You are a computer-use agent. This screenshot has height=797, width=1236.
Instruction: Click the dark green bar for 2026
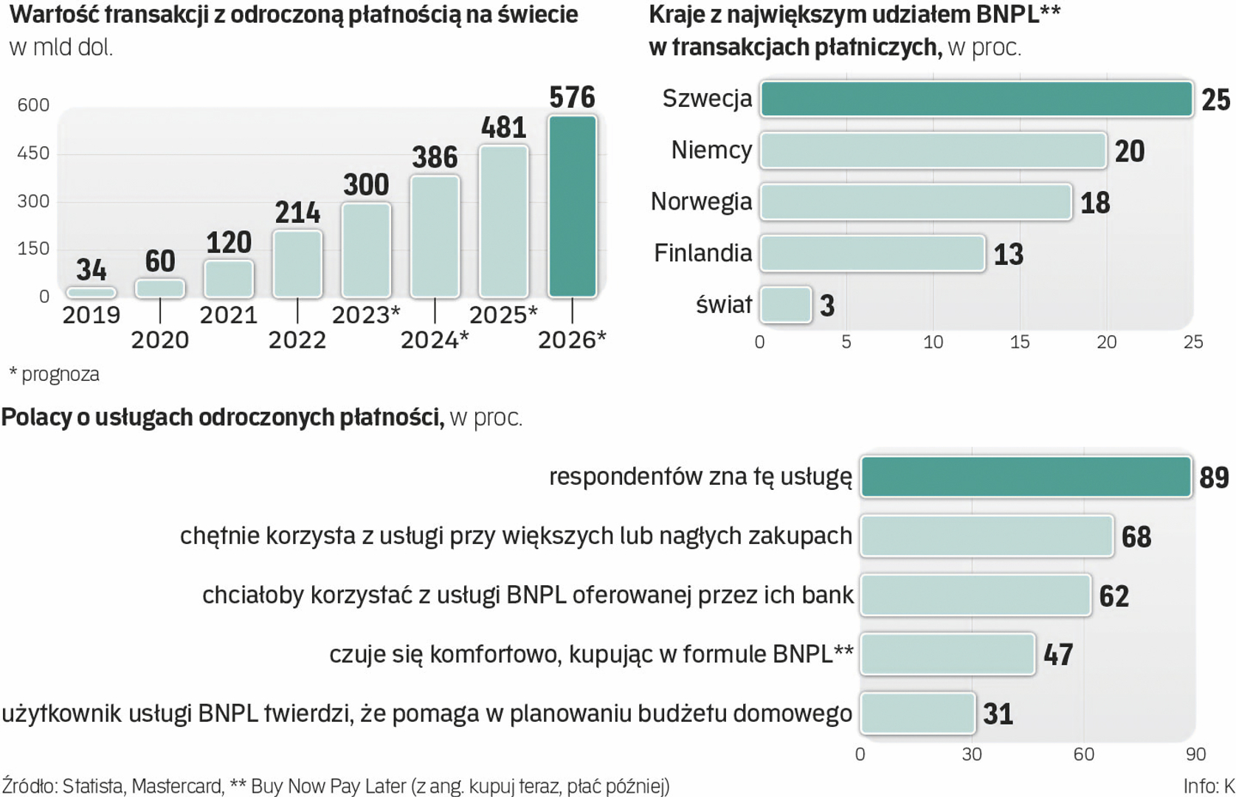pyautogui.click(x=572, y=207)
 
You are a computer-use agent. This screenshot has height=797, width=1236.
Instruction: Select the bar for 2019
pyautogui.click(x=91, y=293)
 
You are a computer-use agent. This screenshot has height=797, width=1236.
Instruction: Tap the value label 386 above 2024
pyautogui.click(x=435, y=157)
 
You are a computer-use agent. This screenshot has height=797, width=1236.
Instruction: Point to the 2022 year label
pyautogui.click(x=297, y=340)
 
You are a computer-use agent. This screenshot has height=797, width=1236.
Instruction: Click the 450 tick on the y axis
pyautogui.click(x=33, y=153)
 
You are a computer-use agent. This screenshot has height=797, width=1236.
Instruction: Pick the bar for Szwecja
pyautogui.click(x=976, y=100)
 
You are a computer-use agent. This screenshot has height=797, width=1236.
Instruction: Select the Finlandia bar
pyautogui.click(x=872, y=254)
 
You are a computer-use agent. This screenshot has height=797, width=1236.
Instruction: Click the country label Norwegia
pyautogui.click(x=701, y=201)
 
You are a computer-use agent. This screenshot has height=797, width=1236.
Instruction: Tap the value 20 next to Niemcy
pyautogui.click(x=1129, y=151)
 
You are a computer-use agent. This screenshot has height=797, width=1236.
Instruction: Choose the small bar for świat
pyautogui.click(x=786, y=305)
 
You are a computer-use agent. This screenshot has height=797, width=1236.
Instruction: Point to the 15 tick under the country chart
pyautogui.click(x=1020, y=342)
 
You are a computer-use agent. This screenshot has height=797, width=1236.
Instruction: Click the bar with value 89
pyautogui.click(x=1026, y=477)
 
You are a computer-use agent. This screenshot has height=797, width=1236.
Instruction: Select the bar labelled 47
pyautogui.click(x=947, y=654)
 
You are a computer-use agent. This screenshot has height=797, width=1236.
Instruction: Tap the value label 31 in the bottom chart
pyautogui.click(x=998, y=714)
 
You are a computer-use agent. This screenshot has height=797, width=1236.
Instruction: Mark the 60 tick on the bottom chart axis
pyautogui.click(x=1083, y=754)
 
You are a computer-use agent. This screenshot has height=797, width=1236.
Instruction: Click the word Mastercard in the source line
pyautogui.click(x=177, y=786)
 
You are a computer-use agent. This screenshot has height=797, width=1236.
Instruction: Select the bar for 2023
pyautogui.click(x=366, y=251)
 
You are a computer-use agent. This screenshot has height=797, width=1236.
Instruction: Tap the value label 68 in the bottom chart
pyautogui.click(x=1136, y=536)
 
